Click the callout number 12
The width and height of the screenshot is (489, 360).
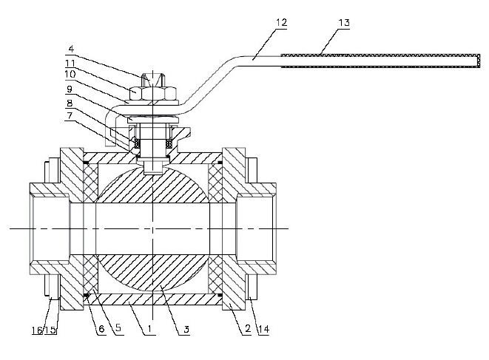(281, 22)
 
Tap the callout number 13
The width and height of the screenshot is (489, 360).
(344, 22)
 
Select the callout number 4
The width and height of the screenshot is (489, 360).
(72, 49)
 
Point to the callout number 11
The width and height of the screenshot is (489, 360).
(70, 64)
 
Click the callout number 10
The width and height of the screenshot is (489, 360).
(70, 74)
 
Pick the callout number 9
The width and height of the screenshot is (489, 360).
(70, 89)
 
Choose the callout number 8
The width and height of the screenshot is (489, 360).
(70, 103)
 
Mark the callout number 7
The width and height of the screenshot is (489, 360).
(70, 115)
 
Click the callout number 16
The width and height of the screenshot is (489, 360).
(37, 330)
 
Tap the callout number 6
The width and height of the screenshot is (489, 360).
(101, 329)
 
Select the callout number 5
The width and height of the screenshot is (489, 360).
(118, 327)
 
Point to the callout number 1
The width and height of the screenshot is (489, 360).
(149, 328)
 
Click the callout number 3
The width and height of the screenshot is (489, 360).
(186, 329)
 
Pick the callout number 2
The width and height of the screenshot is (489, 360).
(248, 328)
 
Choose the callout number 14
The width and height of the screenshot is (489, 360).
(263, 329)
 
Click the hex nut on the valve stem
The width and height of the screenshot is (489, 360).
(153, 93)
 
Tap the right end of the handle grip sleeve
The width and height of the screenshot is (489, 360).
(479, 61)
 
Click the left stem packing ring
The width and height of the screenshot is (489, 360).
(137, 143)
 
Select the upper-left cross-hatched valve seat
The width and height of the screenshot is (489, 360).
(91, 183)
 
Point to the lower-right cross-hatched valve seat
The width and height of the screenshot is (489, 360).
(215, 274)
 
